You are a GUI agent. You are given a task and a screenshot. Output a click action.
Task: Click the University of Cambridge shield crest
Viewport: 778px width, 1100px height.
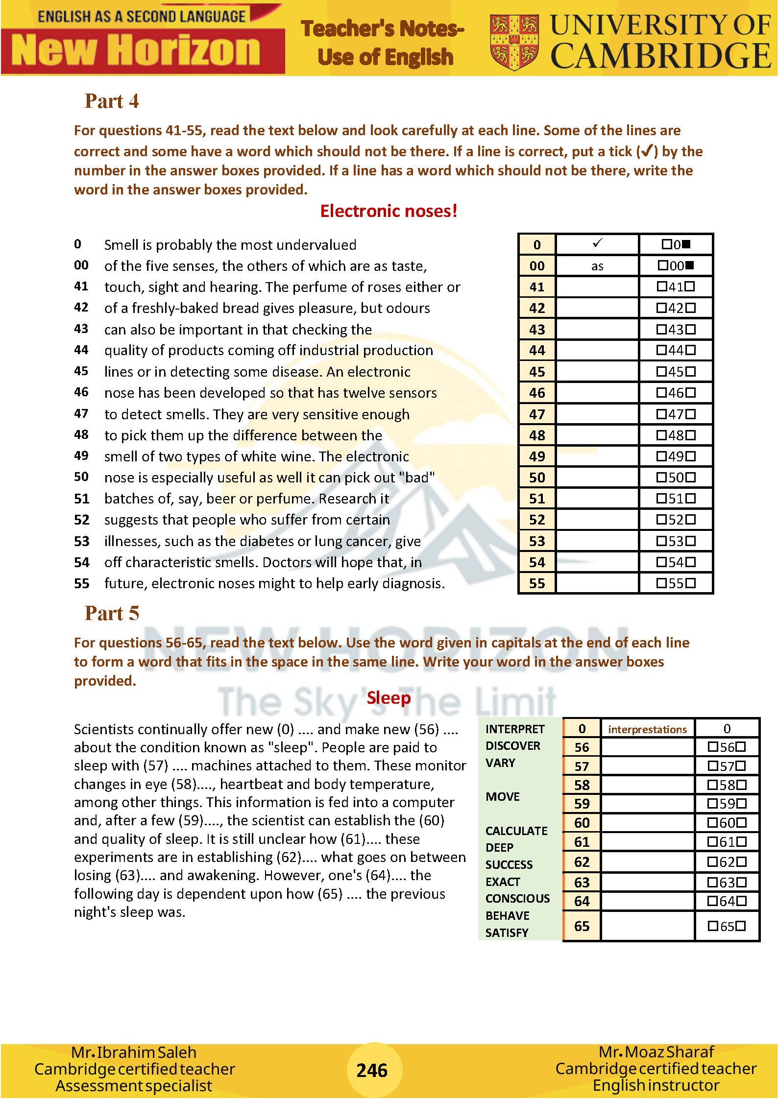514,42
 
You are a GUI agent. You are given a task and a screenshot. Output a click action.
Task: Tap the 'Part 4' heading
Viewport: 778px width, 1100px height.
112,101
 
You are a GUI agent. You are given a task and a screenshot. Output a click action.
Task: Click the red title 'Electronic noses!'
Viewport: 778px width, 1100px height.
389,211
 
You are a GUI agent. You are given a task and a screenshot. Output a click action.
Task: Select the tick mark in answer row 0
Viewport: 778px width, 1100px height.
597,243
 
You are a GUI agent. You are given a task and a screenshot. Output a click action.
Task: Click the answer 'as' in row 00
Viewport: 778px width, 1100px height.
597,266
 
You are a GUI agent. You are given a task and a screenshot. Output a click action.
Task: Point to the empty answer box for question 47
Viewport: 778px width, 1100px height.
597,414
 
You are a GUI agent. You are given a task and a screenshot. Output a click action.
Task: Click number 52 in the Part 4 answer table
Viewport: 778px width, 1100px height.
537,520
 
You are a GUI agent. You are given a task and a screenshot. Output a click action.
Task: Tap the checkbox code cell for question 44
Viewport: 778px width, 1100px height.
676,351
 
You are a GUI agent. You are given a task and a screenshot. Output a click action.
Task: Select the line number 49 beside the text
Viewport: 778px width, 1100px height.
81,456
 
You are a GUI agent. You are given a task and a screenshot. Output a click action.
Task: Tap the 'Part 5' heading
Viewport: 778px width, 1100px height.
112,614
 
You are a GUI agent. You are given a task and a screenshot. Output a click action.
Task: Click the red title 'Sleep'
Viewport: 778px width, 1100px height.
389,698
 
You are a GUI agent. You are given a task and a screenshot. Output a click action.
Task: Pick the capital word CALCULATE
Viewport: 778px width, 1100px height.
516,831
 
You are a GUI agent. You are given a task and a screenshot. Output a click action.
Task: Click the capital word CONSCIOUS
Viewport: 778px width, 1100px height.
517,899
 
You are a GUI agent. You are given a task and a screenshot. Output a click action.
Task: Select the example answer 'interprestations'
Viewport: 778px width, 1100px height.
647,730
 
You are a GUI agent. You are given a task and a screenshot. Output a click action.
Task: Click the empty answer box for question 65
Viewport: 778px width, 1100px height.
647,926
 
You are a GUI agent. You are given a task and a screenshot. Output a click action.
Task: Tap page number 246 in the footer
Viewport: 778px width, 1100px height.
372,1071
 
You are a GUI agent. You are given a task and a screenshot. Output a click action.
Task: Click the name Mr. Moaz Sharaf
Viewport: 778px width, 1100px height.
656,1052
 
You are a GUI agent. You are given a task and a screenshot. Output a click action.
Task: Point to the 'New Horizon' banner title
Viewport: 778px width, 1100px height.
136,50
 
